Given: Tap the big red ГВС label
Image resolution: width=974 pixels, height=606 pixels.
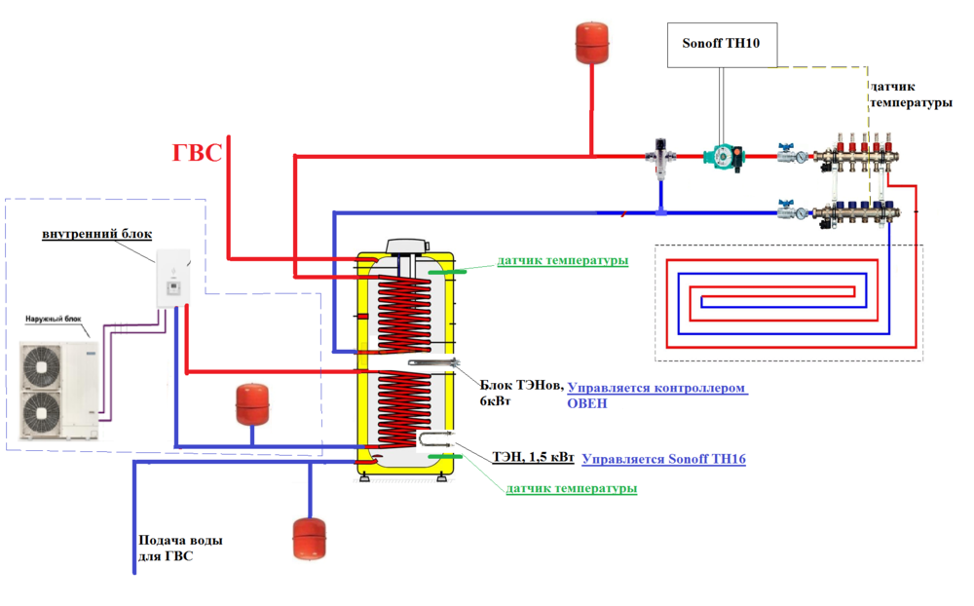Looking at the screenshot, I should point(198,153).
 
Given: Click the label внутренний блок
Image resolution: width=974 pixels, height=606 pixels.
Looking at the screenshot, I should point(95,235).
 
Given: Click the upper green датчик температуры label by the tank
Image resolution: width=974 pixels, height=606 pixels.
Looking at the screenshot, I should point(562,261).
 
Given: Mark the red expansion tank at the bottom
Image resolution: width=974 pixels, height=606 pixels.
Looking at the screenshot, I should point(309,538).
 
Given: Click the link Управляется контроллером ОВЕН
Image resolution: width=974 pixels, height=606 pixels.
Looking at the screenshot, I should point(657,395).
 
